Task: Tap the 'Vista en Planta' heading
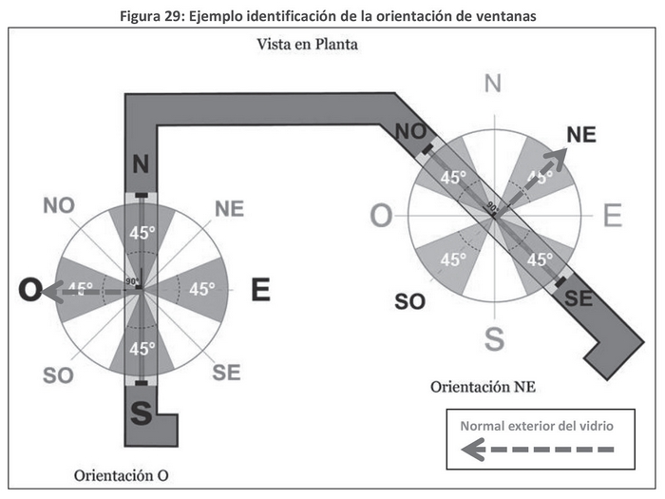coord(306,45)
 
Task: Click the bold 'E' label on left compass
coord(260,290)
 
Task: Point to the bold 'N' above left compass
coord(141,164)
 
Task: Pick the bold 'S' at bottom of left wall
coord(141,413)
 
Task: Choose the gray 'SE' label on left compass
coord(226,372)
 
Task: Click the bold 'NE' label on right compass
coord(581,134)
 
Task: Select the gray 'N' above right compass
coord(492,84)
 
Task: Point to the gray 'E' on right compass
coord(612,217)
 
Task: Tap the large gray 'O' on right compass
coord(380,217)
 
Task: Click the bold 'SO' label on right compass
coord(409,301)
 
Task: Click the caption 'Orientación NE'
coord(484,387)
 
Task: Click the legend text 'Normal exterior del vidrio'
coord(537,425)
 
